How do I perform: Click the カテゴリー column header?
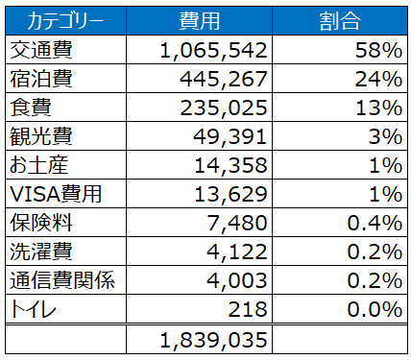click(65, 21)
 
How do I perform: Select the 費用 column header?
click(200, 21)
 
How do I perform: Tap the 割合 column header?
click(340, 21)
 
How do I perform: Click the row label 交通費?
click(41, 50)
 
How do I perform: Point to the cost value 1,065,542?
click(213, 51)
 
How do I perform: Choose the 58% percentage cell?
click(378, 50)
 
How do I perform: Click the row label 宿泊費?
click(41, 79)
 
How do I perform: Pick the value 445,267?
click(224, 80)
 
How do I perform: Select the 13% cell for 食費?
click(379, 108)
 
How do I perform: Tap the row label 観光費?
click(41, 136)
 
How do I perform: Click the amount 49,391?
click(230, 137)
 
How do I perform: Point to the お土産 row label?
click(39, 165)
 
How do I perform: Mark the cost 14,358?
click(230, 166)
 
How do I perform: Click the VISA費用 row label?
click(56, 194)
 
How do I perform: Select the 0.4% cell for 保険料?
click(375, 223)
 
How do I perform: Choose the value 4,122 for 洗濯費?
click(237, 252)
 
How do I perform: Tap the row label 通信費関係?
click(62, 280)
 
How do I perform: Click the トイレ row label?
click(33, 309)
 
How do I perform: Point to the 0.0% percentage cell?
click(375, 309)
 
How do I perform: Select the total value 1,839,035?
click(213, 340)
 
